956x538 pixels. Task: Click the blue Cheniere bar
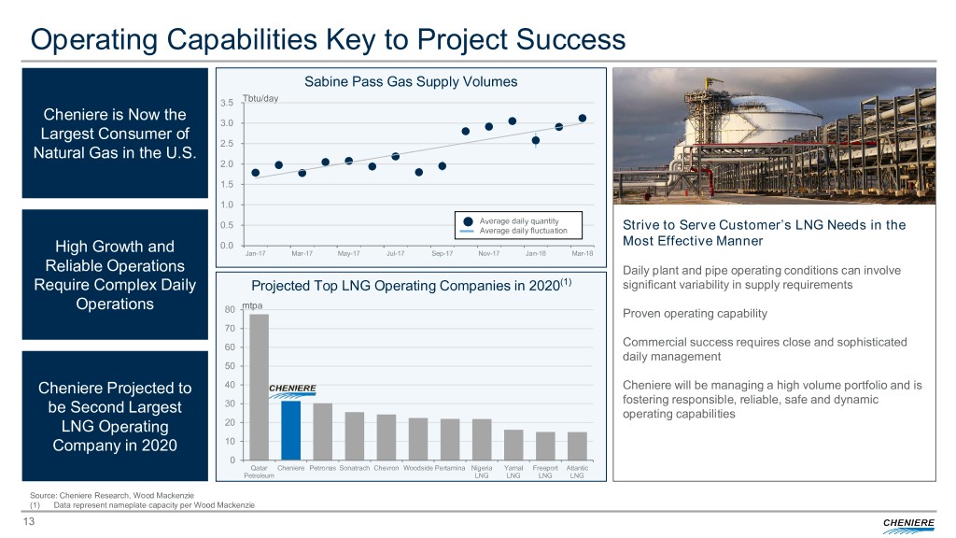point(290,430)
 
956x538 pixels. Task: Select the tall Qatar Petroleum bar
point(259,387)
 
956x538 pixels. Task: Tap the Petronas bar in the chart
point(322,431)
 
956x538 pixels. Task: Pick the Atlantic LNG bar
point(576,446)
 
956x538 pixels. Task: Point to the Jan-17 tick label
point(255,252)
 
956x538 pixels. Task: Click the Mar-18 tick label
point(581,252)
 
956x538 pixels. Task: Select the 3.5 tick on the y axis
point(227,104)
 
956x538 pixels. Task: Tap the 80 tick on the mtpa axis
point(230,311)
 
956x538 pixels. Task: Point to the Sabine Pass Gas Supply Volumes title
point(411,81)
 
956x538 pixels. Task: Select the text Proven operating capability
point(687,312)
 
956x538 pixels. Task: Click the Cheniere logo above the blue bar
point(292,389)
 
